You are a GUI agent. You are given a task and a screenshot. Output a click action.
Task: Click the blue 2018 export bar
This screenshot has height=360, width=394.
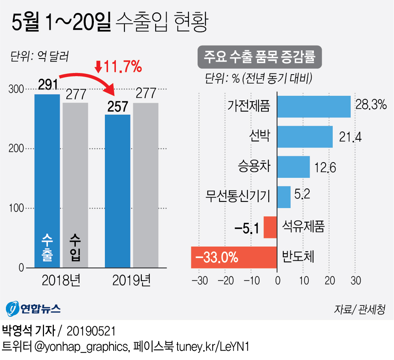point(47,181)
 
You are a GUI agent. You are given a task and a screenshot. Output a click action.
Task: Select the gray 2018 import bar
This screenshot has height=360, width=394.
point(75,185)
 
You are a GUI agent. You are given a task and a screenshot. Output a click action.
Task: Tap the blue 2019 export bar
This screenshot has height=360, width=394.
point(117,191)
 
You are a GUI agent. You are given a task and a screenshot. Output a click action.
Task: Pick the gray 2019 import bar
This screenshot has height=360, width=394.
point(145,185)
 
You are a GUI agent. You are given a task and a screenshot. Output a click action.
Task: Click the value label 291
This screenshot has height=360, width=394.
point(48,84)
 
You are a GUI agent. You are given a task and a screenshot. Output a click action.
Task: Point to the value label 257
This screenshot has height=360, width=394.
point(117,106)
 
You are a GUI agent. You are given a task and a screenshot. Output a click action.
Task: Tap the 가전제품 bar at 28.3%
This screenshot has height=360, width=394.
point(314,106)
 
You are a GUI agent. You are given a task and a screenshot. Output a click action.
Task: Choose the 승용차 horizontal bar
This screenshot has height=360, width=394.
point(293,167)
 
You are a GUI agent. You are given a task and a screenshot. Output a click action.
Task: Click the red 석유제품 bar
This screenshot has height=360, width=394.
point(270,227)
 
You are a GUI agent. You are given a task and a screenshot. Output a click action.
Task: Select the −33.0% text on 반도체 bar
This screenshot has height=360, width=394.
point(216,258)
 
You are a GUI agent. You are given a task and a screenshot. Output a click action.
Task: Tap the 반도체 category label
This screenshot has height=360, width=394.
point(297,257)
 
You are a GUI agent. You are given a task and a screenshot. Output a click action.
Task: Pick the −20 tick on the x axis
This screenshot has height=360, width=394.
point(225,281)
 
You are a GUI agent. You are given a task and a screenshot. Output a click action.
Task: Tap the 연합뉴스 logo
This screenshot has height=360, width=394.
point(33,309)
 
